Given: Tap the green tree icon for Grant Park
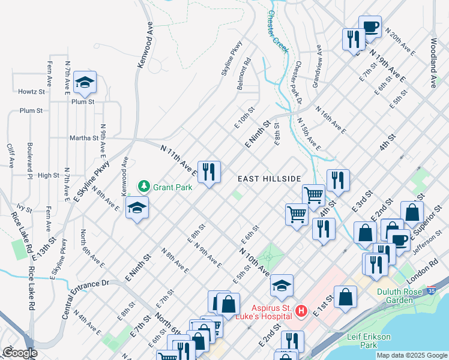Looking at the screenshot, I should click(143, 187).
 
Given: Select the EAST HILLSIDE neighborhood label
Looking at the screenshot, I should click(268, 179).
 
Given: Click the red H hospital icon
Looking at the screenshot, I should click(302, 311).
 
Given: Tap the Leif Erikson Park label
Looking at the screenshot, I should click(370, 341).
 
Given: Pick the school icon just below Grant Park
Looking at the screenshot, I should click(137, 208).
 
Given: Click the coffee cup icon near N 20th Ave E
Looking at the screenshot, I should click(370, 26).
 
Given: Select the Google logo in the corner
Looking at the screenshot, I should click(19, 353).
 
